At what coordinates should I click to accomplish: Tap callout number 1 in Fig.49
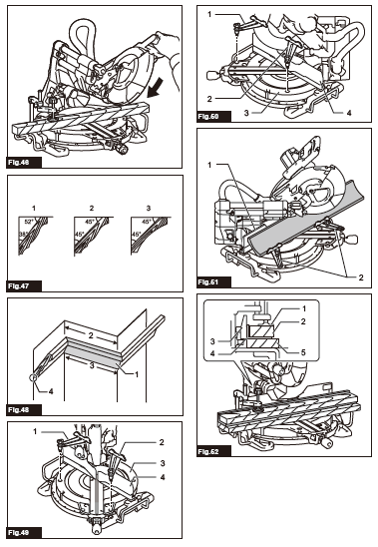pyautogui.click(x=36, y=431)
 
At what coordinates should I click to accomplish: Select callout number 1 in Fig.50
pyautogui.click(x=209, y=14)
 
